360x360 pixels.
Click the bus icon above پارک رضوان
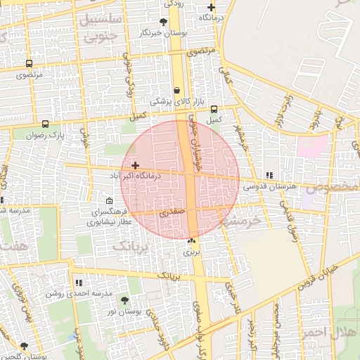46,124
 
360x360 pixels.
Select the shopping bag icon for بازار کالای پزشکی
176,91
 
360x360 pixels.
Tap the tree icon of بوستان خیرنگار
164,22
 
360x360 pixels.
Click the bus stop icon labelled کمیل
214,109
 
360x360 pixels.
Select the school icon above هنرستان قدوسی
269,175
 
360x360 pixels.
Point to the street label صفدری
171,212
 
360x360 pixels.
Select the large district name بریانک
132,246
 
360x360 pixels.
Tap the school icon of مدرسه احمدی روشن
78,282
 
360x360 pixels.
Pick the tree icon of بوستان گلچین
25,346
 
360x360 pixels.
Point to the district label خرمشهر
239,220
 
